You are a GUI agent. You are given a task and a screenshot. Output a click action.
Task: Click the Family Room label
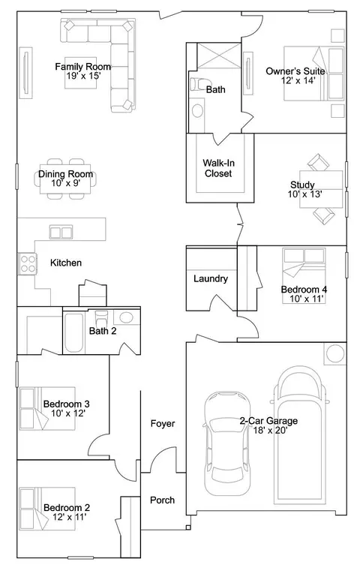(x=82, y=67)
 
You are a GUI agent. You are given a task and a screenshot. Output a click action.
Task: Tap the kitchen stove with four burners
(x=28, y=263)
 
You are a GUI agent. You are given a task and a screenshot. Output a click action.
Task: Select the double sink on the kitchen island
(x=61, y=233)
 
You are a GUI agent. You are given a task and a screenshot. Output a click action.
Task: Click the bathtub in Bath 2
(x=74, y=332)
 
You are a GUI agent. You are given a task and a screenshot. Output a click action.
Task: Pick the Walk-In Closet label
(x=218, y=168)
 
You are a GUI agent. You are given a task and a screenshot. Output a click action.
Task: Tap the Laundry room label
(x=211, y=278)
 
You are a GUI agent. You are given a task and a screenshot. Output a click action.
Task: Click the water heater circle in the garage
(x=335, y=354)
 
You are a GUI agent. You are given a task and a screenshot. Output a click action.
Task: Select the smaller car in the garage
(x=227, y=443)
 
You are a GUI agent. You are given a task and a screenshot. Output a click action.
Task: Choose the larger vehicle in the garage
(x=299, y=436)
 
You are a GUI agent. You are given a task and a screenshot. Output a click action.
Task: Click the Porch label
(x=163, y=500)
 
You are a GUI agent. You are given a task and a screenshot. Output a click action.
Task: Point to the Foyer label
(x=163, y=423)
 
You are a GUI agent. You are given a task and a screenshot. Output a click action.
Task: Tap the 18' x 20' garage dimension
(x=270, y=430)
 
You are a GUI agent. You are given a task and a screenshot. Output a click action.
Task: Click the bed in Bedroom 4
(x=304, y=275)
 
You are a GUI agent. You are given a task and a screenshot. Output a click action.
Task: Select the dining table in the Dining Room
(x=65, y=179)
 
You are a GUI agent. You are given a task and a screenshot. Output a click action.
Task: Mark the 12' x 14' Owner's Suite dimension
(x=298, y=80)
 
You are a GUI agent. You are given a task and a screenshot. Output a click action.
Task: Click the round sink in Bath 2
(x=127, y=317)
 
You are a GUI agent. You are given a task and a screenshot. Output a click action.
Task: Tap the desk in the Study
(x=321, y=189)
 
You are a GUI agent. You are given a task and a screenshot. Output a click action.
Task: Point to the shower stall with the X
(x=219, y=56)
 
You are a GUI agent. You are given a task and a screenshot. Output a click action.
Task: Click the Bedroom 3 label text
(x=66, y=404)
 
